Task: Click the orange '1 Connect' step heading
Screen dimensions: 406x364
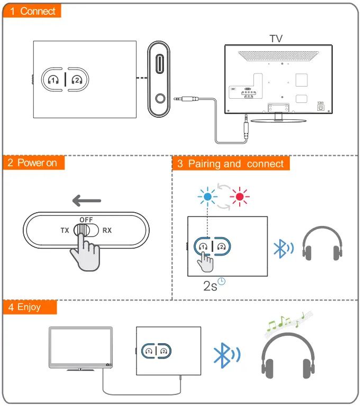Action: coord(32,11)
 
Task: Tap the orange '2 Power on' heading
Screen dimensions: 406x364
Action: coord(33,163)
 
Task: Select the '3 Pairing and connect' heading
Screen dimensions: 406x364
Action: coord(231,164)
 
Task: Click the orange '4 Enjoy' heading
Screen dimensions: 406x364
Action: coord(29,307)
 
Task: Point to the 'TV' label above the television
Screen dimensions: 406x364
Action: coord(276,39)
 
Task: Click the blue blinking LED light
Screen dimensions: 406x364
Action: coord(207,197)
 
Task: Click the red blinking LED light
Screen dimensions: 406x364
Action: coord(239,197)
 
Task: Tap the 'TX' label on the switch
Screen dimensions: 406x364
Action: coord(65,231)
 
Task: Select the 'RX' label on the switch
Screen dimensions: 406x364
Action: coord(107,231)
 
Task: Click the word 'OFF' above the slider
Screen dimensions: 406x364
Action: coord(86,219)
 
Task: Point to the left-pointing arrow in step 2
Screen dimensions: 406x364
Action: coord(87,201)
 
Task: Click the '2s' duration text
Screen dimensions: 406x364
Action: coord(210,286)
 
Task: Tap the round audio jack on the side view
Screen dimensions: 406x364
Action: coord(160,98)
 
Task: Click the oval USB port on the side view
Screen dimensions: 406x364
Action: coord(160,68)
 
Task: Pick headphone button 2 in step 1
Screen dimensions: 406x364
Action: coord(77,80)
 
